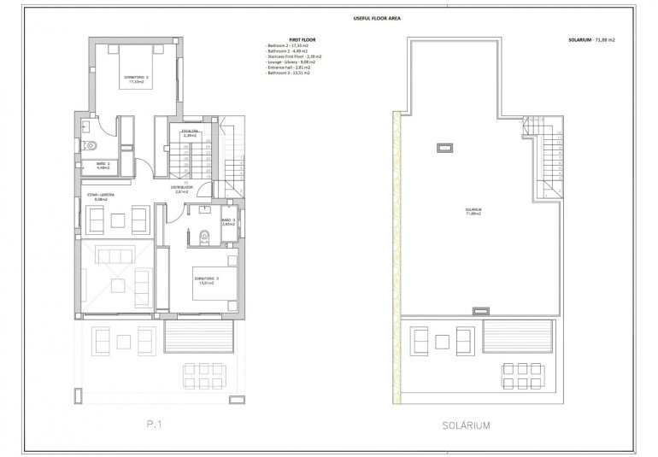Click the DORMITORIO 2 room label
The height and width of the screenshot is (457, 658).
pyautogui.click(x=136, y=79)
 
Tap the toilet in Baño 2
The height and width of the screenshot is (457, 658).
pyautogui.click(x=90, y=146)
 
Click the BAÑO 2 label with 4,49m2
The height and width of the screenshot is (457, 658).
pyautogui.click(x=102, y=166)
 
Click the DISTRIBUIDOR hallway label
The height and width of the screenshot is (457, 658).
pyautogui.click(x=180, y=189)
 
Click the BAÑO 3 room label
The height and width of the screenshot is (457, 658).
pyautogui.click(x=228, y=223)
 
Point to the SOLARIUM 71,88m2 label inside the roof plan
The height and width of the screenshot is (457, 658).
pyautogui.click(x=472, y=211)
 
